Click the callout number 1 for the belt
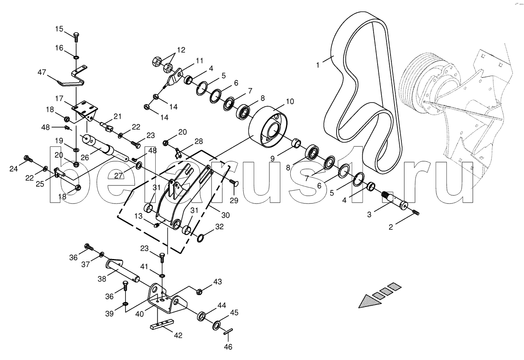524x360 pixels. pyautogui.click(x=318, y=65)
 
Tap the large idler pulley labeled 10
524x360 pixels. pyautogui.click(x=268, y=127)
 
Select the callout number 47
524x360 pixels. pyautogui.click(x=42, y=72)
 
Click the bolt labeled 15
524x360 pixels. pyautogui.click(x=76, y=37)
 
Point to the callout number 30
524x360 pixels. pyautogui.click(x=226, y=215)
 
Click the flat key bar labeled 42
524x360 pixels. pyautogui.click(x=162, y=325)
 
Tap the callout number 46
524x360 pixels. pyautogui.click(x=228, y=347)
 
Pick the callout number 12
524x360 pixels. pyautogui.click(x=181, y=50)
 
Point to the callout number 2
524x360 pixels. pyautogui.click(x=390, y=227)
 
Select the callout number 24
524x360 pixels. pyautogui.click(x=14, y=169)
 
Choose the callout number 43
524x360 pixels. pyautogui.click(x=217, y=282)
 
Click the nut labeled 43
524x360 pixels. pyautogui.click(x=199, y=292)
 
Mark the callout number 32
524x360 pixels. pyautogui.click(x=219, y=227)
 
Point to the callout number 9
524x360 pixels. pyautogui.click(x=273, y=158)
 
